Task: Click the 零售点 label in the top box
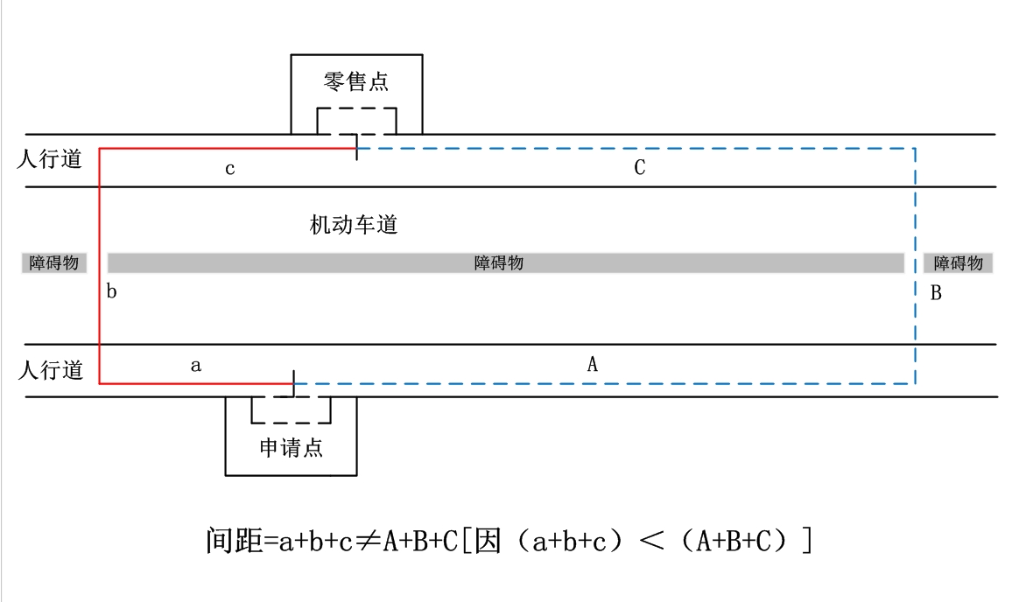coord(356,83)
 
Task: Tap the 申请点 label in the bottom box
coord(292,448)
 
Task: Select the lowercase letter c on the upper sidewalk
coord(230,169)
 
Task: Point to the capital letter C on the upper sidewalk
coord(640,168)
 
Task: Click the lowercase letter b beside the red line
coord(112,292)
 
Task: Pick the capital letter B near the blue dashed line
coord(936,293)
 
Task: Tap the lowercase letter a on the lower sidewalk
coord(196,366)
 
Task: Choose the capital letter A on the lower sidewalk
coord(593,365)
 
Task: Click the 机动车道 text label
coord(354,225)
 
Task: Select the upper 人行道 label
coord(50,160)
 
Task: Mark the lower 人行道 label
coord(51,371)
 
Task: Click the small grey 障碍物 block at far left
coord(54,263)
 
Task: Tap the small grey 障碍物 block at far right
coord(958,263)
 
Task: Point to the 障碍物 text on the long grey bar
coord(499,263)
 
